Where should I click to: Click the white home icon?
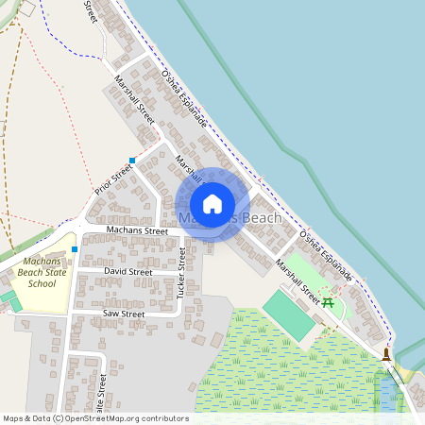212,204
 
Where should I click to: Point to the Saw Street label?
123,314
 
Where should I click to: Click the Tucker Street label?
180,275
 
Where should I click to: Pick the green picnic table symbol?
328,302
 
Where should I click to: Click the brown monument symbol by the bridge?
386,354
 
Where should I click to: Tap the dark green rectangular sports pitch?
288,315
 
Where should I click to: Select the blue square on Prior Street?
132,161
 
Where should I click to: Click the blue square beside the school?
74,249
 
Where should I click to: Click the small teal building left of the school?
8,297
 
